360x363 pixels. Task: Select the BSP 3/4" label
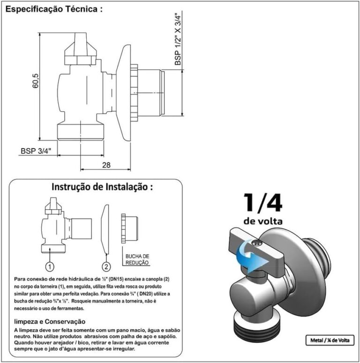[38, 151]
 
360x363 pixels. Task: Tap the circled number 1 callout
[50, 267]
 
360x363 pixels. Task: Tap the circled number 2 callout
[107, 267]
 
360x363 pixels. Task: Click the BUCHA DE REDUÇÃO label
[137, 259]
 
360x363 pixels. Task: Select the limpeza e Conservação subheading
[50, 322]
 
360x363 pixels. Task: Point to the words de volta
[263, 220]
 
